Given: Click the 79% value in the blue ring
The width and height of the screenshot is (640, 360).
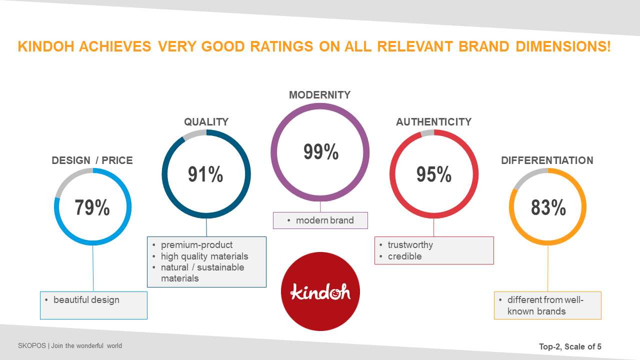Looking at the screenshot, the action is pos(92,207).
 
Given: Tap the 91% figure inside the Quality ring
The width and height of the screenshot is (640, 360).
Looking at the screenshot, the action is pos(205,174).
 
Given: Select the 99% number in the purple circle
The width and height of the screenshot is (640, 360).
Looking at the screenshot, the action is pos(321,151).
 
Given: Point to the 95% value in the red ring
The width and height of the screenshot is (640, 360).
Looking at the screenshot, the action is pos(433,174).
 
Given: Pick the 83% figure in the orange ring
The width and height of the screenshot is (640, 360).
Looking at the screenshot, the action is pos(548,207).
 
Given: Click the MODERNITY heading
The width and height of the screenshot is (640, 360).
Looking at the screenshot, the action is pos(319,95).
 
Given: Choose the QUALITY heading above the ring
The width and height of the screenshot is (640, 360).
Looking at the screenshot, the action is pos(206,122).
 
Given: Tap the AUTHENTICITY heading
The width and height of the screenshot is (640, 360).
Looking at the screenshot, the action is pos(433,122).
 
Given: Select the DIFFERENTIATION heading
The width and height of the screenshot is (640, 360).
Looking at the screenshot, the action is pos(547,160).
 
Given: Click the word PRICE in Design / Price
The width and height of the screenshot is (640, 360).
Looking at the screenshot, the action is pos(117,160).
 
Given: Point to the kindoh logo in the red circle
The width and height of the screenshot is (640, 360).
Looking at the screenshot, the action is pos(320,291).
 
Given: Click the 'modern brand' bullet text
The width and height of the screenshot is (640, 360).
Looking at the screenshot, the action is pos(325,220).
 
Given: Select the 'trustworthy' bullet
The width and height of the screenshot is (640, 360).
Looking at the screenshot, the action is pos(410,245).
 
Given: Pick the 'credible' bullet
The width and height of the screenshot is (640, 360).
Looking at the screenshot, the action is pos(404,256).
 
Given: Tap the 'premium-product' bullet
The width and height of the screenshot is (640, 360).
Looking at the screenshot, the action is pos(196,245).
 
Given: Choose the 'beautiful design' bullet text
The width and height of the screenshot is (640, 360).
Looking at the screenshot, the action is pos(86,300).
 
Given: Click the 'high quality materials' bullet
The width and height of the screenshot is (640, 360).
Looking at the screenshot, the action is pos(204,256).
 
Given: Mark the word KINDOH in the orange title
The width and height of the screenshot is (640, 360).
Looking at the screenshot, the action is pos(46,46).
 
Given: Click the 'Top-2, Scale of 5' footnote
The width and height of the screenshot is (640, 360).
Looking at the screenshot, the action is pos(570,346).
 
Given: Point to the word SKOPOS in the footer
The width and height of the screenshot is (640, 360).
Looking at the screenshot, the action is pos(31,345).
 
